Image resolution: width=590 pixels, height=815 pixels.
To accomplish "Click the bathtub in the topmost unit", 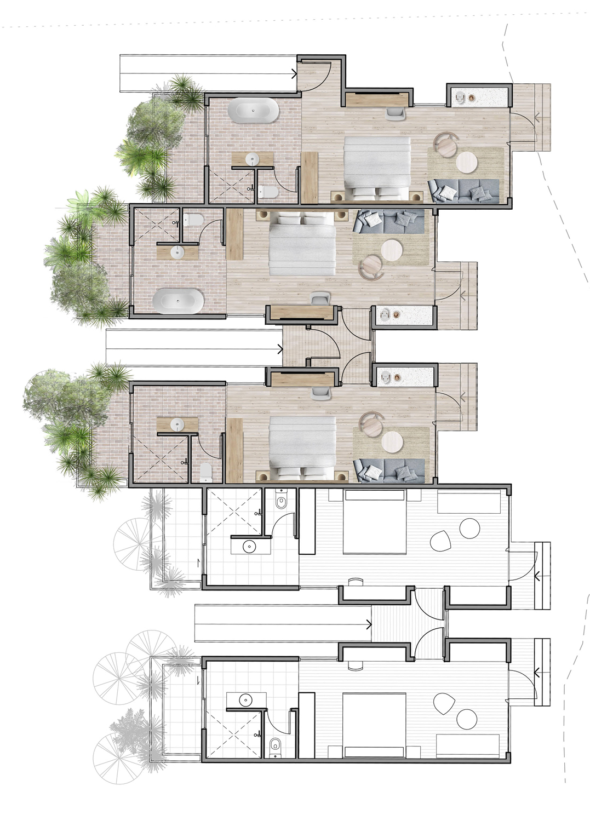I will (253, 110).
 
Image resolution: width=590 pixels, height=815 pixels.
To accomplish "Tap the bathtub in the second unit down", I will (178, 301).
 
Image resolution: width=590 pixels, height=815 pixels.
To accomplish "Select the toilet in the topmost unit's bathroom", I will (268, 192).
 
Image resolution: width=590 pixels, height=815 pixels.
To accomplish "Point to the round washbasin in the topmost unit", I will (252, 159).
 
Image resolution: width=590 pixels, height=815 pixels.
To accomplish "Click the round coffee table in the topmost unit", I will (467, 162).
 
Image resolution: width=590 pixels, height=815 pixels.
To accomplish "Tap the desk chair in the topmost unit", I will (396, 113).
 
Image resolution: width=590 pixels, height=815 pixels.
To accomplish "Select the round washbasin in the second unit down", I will (177, 252).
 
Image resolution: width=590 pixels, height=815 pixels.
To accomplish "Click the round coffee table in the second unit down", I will (392, 250).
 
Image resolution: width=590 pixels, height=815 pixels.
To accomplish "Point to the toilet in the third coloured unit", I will (205, 471).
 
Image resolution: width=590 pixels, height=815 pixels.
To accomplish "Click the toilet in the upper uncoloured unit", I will (281, 502).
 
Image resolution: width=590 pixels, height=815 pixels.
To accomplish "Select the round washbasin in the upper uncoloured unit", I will (250, 546).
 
